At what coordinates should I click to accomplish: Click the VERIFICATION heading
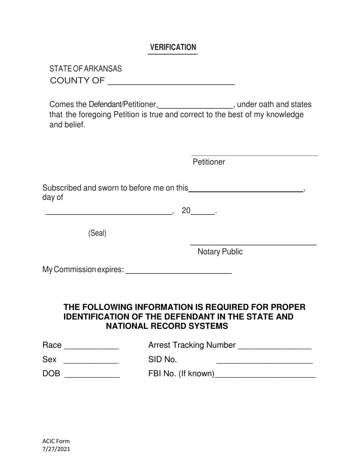[x=173, y=47]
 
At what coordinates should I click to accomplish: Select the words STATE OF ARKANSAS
[x=86, y=69]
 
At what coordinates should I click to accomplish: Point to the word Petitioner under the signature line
[x=209, y=162]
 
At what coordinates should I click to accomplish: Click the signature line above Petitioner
[x=254, y=155]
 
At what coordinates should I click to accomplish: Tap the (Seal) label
[x=97, y=233]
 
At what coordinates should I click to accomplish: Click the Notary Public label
[x=220, y=252]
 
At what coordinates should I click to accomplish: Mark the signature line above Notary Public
[x=253, y=245]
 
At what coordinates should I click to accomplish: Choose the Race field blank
[x=92, y=347]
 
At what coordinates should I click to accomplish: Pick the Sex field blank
[x=91, y=361]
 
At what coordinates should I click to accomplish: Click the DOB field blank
[x=92, y=376]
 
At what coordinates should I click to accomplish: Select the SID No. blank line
[x=264, y=361]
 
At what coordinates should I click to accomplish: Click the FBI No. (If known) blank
[x=265, y=376]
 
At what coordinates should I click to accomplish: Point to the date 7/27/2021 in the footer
[x=56, y=449]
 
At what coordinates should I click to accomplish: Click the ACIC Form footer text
[x=56, y=441]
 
